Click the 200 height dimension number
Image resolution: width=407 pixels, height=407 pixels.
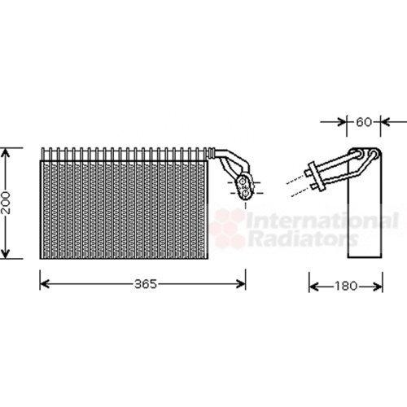pyautogui.click(x=6, y=203)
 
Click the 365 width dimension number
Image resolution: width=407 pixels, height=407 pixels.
pyautogui.click(x=146, y=284)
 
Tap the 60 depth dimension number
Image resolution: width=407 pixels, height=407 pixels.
pyautogui.click(x=364, y=122)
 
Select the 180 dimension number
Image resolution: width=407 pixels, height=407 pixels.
pyautogui.click(x=345, y=286)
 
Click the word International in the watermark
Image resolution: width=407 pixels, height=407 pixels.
pyautogui.click(x=322, y=221)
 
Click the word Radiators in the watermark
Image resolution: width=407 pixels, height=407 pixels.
pyautogui.click(x=303, y=239)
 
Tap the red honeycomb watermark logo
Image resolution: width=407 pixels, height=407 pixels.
pyautogui.click(x=228, y=227)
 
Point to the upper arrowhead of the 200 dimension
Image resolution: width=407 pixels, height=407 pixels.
pyautogui.click(x=6, y=152)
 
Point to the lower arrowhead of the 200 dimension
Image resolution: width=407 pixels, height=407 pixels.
pyautogui.click(x=6, y=254)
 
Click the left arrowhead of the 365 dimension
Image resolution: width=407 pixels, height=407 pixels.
pyautogui.click(x=44, y=284)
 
